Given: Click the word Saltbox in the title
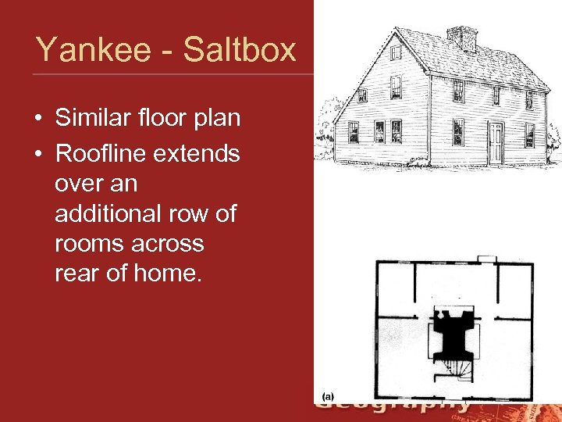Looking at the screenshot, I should tap(239, 50).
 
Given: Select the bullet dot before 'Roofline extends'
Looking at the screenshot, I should tap(37, 154).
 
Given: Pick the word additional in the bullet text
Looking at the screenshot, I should tap(111, 213).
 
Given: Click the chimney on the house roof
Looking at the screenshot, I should tap(461, 37).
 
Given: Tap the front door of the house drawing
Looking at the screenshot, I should tap(496, 142).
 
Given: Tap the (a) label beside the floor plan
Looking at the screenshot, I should tap(329, 397).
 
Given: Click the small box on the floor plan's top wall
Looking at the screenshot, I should tap(486, 258).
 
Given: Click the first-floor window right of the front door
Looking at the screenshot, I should tap(530, 134).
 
